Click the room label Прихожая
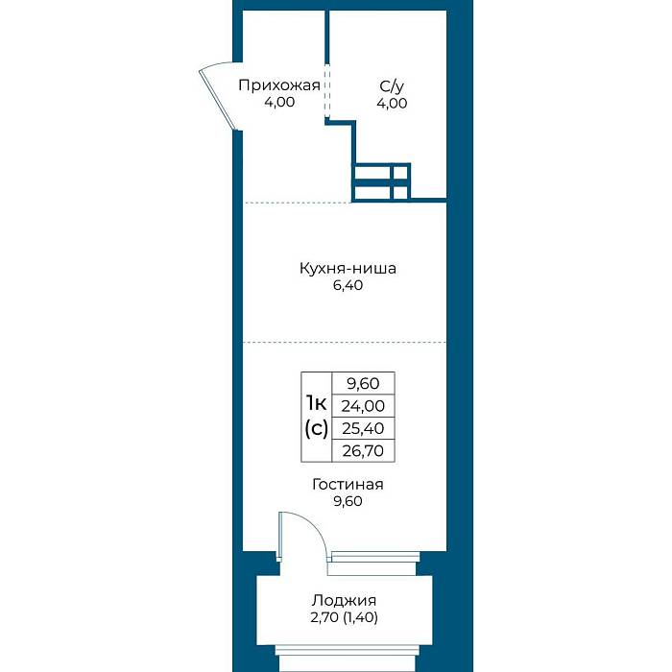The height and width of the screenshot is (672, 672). coord(279,85)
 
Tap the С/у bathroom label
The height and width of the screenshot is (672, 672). coord(392,86)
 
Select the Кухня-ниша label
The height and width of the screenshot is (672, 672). coord(348,268)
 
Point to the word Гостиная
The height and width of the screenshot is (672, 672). coord(348,484)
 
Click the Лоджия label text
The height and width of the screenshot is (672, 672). coord(344,600)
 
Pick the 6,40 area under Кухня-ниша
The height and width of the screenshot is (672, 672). coord(348,285)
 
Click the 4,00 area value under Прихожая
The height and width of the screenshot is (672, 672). coord(279,103)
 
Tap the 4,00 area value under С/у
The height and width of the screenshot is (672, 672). coord(392,104)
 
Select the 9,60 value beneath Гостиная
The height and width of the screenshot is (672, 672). coord(348,501)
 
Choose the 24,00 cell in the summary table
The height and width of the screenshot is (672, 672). coord(363,406)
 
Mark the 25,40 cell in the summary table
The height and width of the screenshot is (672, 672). coord(363,428)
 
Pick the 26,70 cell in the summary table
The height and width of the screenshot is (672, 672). coord(363,451)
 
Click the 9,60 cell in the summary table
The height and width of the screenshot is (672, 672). coord(363,384)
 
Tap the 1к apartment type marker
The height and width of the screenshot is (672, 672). coord(316,403)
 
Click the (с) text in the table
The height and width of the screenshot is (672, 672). coord(316,428)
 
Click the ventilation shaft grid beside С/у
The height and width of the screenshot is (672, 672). coord(381,182)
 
